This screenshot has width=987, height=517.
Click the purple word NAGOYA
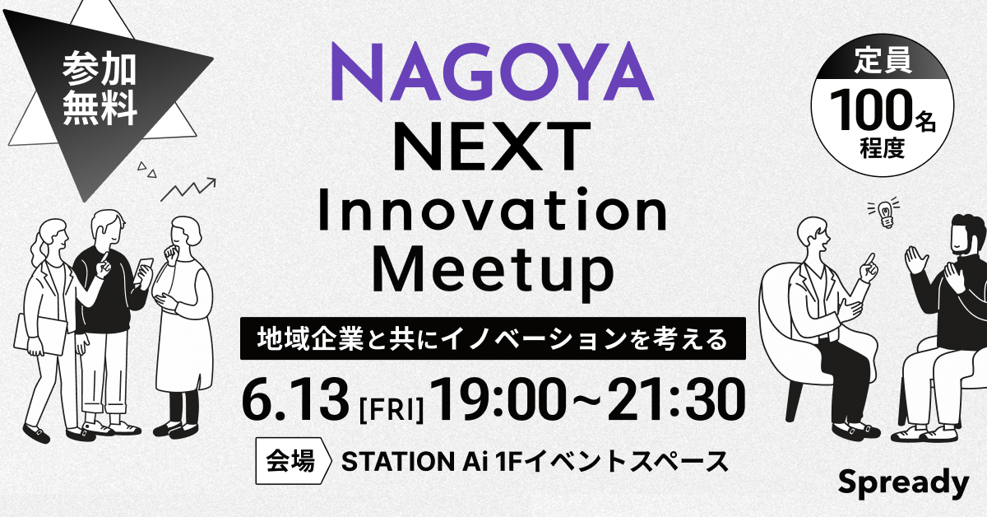492,72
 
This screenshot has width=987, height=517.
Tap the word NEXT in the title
491,146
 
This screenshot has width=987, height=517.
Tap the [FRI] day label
392,410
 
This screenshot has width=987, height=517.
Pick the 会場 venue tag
292,461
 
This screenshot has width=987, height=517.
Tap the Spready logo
903,483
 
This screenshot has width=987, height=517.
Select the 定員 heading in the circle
883,60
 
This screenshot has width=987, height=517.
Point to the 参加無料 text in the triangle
100,90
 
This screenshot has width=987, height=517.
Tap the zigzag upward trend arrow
188,189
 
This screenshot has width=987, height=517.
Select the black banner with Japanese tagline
493,338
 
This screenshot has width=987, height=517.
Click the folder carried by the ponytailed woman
39,334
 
